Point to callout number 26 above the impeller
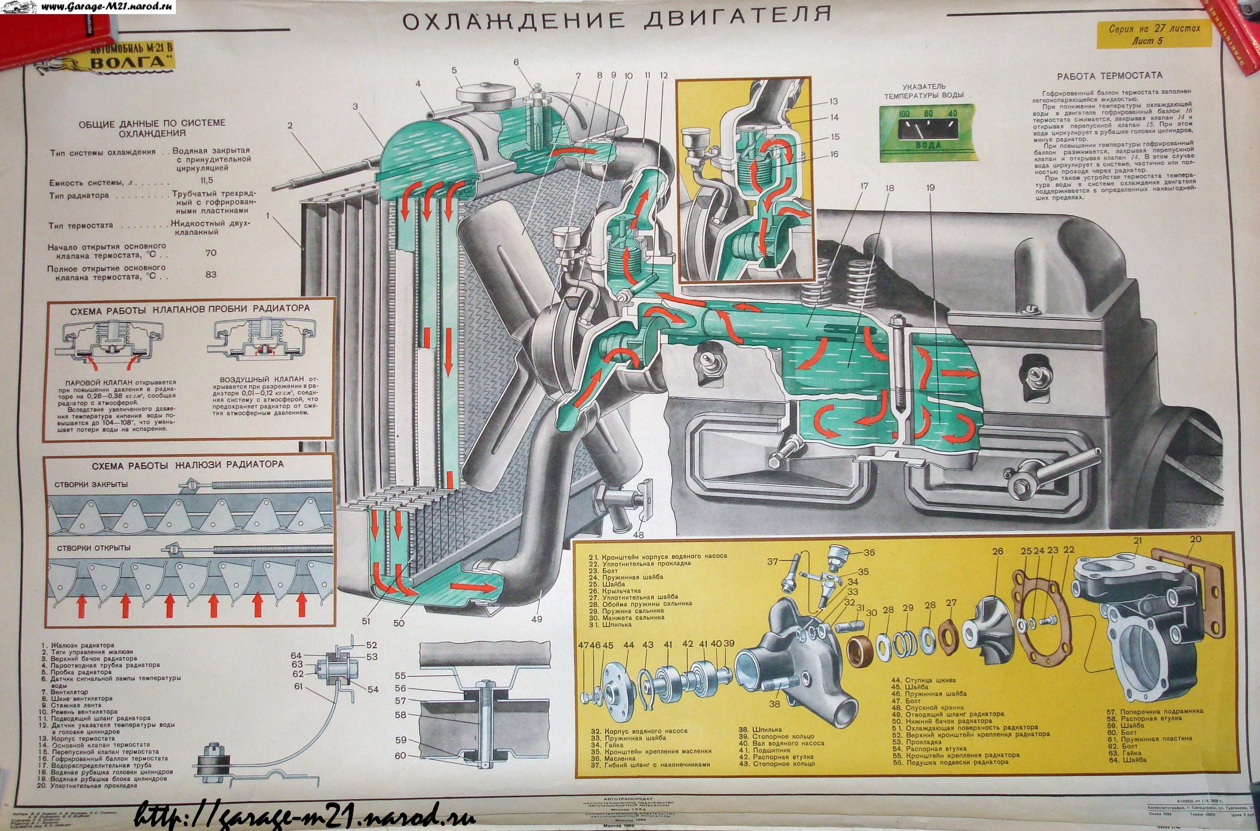coord(998,552)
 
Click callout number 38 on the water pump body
coord(775,704)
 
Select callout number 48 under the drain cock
coord(638,535)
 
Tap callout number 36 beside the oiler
coord(869,552)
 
